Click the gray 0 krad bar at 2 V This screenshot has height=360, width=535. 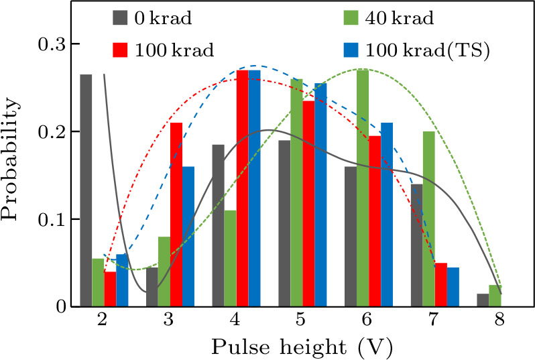point(86,190)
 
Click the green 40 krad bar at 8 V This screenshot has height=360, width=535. point(495,296)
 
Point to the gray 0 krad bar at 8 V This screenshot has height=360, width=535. point(483,300)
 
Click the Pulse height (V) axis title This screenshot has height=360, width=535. point(300,347)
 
